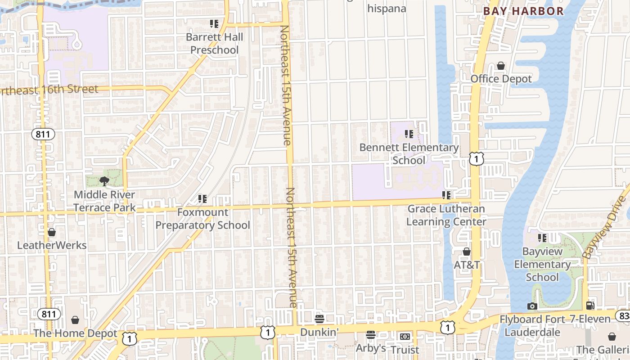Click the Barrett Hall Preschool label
214,44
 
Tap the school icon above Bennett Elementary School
409,134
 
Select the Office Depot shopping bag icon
500,66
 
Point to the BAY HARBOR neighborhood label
523,11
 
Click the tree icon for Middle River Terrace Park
104,181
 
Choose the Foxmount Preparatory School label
202,219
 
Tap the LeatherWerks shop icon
52,232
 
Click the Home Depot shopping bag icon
75,320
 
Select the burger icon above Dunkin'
319,319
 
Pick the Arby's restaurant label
371,348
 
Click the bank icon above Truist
405,336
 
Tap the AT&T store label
467,265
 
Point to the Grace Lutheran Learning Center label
446,215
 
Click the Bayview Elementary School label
542,264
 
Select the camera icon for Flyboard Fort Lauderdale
532,306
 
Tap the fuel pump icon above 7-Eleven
589,306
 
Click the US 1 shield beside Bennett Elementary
476,158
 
